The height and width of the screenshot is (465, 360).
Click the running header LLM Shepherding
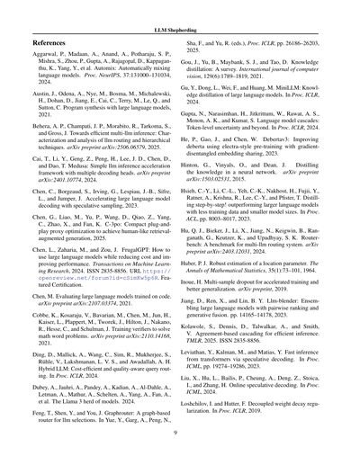[179, 17]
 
